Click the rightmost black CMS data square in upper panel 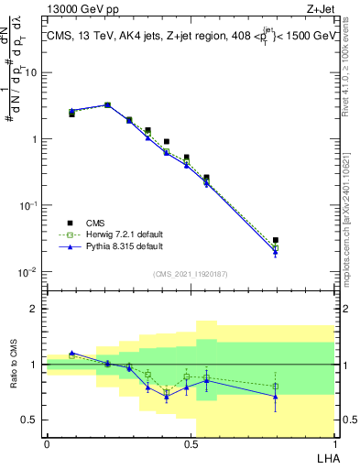(276, 240)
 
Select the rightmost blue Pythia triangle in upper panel (276, 253)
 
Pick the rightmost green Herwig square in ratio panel (276, 387)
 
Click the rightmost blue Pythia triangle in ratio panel (276, 397)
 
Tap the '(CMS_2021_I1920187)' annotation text (190, 274)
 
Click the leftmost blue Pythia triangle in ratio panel (71, 353)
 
